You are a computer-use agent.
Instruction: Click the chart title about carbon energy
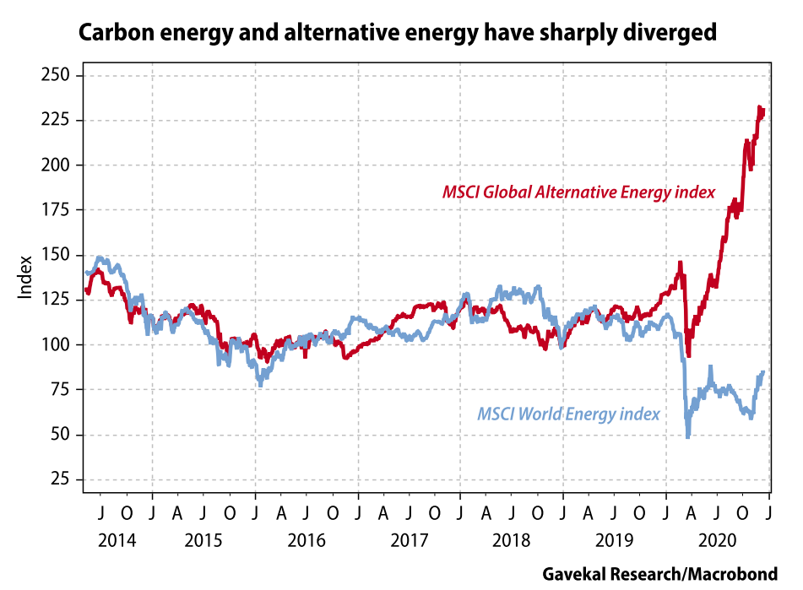coord(398,34)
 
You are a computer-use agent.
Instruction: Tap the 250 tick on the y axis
coord(57,76)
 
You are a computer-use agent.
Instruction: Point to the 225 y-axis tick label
coord(57,121)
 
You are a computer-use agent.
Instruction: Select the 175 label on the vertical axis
coord(57,210)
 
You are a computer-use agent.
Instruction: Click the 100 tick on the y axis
coord(57,345)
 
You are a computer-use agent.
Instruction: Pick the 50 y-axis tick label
coord(62,435)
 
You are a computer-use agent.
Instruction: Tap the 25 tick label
coord(62,479)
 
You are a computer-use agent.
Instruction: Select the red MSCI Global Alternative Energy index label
coord(578,192)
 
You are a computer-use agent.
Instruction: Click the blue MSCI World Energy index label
coord(568,414)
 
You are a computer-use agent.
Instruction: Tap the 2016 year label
coord(307,539)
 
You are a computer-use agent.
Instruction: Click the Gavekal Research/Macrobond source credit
coord(659,574)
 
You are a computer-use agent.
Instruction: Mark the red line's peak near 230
coord(760,107)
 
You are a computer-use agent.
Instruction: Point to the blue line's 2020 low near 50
coord(688,436)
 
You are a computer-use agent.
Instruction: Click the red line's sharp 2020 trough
coord(688,355)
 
